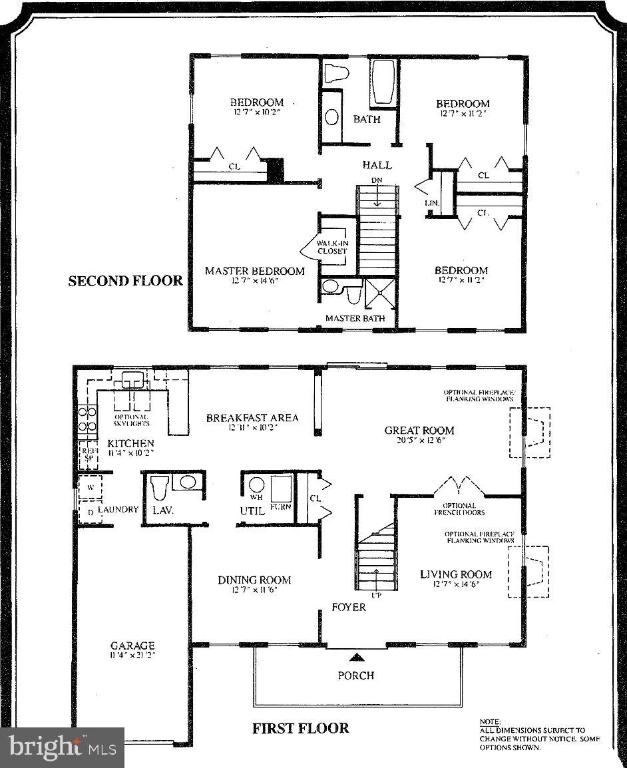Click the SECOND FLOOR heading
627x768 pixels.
[125, 281]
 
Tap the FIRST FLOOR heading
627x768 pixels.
[300, 728]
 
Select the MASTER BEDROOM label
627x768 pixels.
[254, 271]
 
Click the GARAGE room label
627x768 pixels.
[132, 646]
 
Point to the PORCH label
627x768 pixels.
[356, 675]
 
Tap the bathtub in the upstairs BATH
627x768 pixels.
[383, 82]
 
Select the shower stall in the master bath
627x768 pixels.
[380, 293]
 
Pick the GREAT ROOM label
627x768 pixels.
[419, 430]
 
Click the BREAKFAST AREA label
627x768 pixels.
[252, 418]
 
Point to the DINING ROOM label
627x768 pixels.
[254, 580]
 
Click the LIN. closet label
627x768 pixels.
[430, 203]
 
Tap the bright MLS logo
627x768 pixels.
[62, 747]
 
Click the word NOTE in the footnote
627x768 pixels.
[489, 721]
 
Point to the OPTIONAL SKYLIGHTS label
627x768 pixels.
[132, 420]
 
